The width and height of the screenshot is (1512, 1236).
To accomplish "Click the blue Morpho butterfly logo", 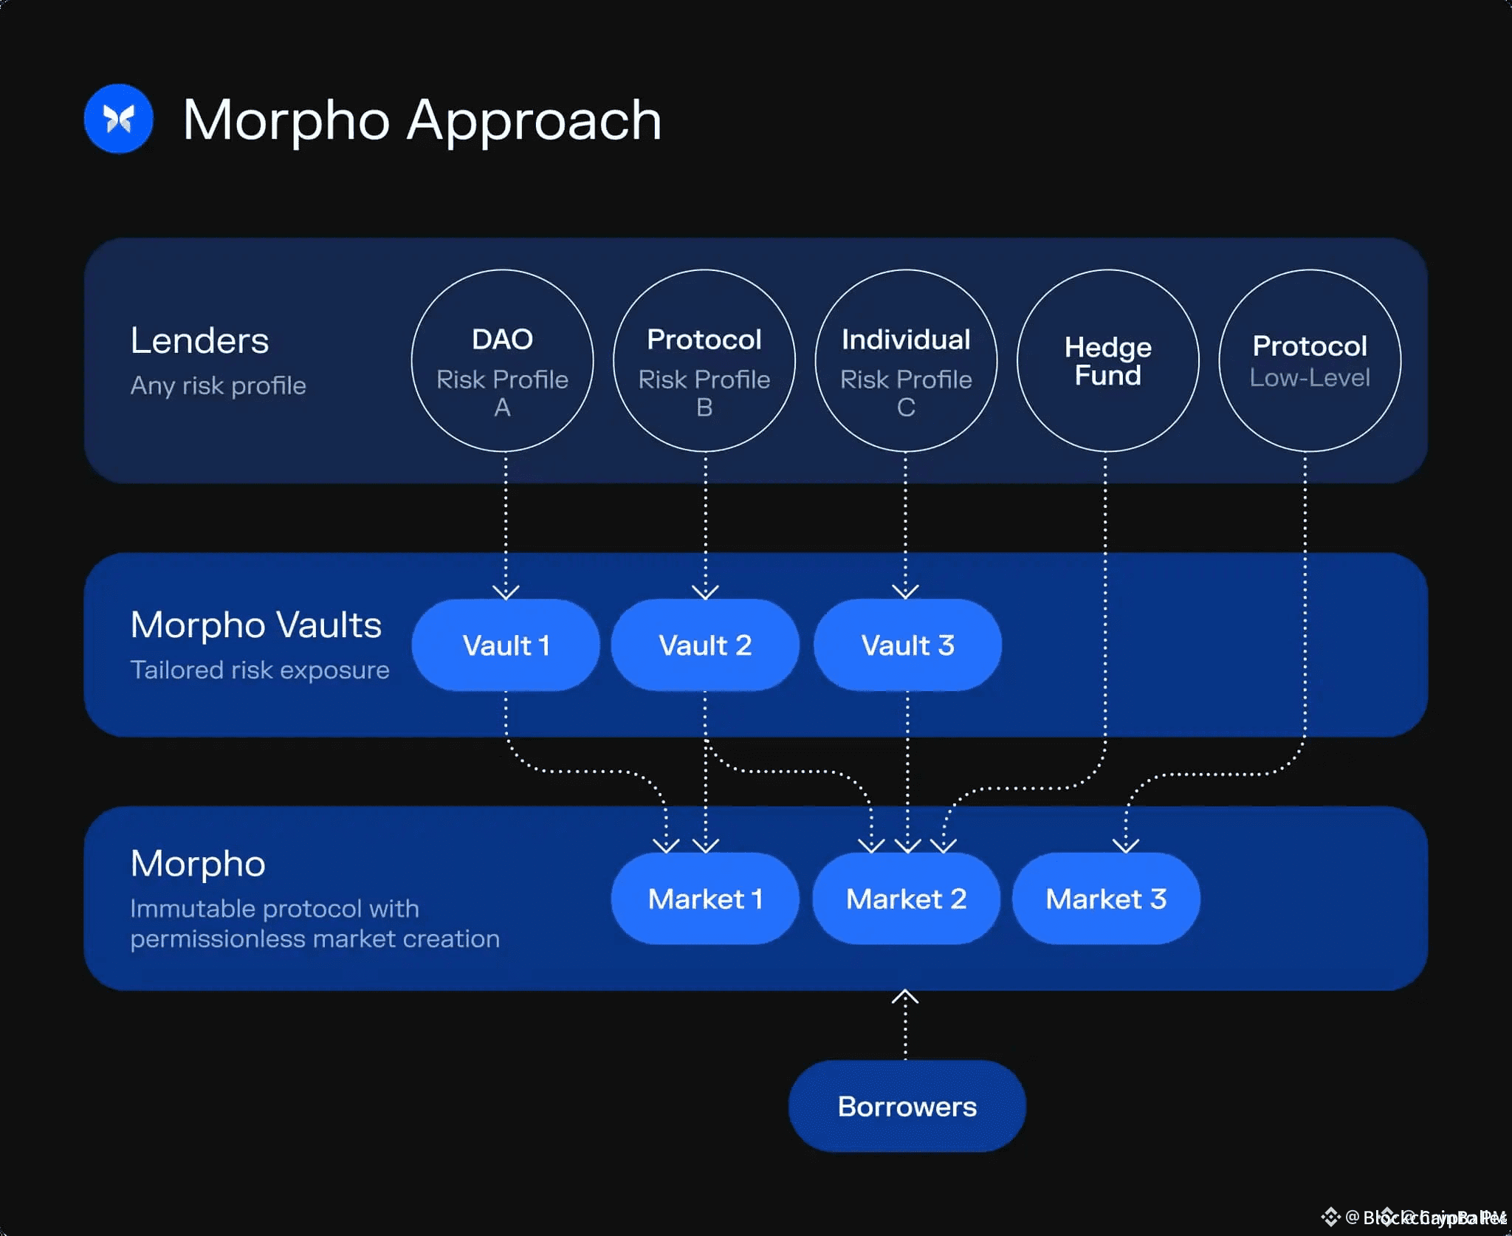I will click(x=119, y=119).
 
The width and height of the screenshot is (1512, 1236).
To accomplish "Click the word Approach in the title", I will click(x=534, y=120).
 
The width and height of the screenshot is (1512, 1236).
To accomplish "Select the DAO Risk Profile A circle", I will click(x=502, y=360).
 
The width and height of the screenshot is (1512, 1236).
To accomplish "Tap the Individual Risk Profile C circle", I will click(x=906, y=360).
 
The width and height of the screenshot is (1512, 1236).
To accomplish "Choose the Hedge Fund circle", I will click(x=1107, y=360).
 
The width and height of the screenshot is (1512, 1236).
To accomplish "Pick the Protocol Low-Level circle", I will click(x=1310, y=360).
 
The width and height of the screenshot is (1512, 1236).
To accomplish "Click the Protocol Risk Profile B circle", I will click(x=704, y=360).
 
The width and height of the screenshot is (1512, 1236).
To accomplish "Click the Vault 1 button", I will click(x=506, y=645).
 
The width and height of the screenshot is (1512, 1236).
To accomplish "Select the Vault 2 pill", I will click(x=705, y=645).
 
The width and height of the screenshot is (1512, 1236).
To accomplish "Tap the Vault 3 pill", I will click(x=907, y=645).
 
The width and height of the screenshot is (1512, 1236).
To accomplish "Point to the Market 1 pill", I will click(x=705, y=899).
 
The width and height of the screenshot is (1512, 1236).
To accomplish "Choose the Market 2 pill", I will click(x=906, y=899).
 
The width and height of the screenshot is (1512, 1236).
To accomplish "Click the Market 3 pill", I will click(x=1106, y=899).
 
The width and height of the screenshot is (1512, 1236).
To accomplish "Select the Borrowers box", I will click(x=907, y=1106).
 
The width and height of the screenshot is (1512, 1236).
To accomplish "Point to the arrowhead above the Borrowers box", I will click(x=905, y=998).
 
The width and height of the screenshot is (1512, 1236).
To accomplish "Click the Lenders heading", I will click(x=199, y=340).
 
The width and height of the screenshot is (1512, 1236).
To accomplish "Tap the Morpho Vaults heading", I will click(x=255, y=625).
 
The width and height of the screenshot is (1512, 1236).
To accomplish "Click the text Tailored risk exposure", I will click(x=260, y=670).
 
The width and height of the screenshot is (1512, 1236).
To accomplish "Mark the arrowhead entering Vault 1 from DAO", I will click(x=506, y=592).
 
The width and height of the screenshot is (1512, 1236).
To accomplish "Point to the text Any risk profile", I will click(x=218, y=385).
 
